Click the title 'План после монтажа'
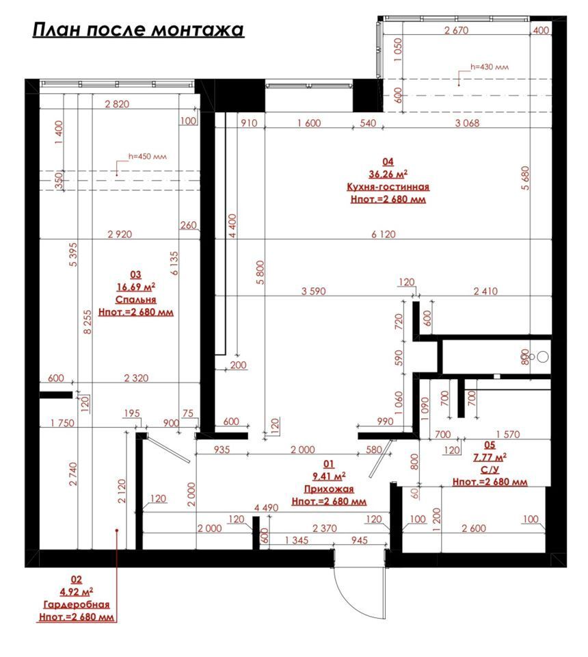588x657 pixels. [x=138, y=29]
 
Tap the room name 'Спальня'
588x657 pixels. [x=135, y=300]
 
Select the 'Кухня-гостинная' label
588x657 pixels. [x=388, y=187]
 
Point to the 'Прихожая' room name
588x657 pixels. [x=329, y=489]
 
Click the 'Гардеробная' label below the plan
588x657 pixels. [x=76, y=604]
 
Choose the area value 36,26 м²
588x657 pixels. [x=388, y=174]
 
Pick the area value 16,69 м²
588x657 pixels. [x=135, y=287]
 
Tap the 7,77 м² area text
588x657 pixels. [x=490, y=457]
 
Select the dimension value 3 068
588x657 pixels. [x=467, y=123]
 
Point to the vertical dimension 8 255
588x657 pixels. [x=87, y=322]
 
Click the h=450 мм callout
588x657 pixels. [x=147, y=156]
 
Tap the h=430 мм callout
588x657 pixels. [x=490, y=66]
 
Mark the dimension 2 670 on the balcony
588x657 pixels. [x=456, y=30]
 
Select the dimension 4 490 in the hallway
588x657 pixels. [x=266, y=508]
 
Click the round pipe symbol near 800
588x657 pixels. [x=543, y=357]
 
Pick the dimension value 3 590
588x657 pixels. [x=313, y=292]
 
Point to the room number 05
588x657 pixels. [x=490, y=445]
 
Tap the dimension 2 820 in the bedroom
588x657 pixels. [x=117, y=104]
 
